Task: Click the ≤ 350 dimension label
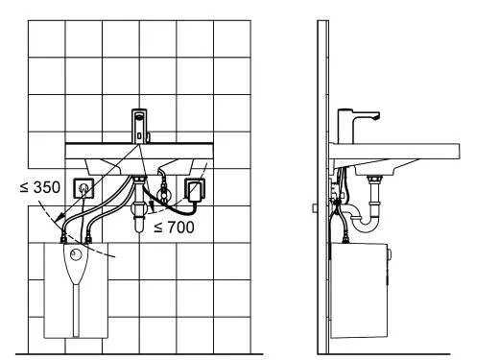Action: click(40, 187)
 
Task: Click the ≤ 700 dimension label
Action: click(174, 228)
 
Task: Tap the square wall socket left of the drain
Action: click(84, 188)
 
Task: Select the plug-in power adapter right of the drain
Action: click(195, 191)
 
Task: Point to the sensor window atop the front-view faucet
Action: click(139, 116)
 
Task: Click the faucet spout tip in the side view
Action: click(376, 118)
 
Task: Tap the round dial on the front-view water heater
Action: click(76, 254)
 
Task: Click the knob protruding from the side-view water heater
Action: click(389, 254)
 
